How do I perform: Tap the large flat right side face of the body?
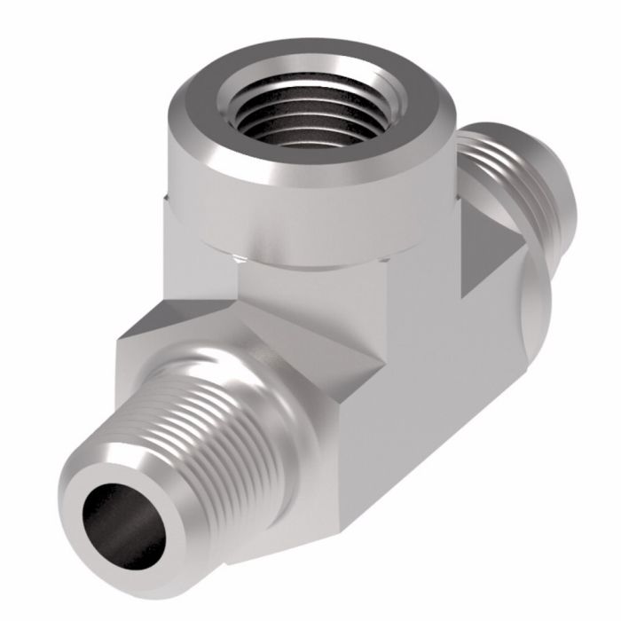[444, 399]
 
